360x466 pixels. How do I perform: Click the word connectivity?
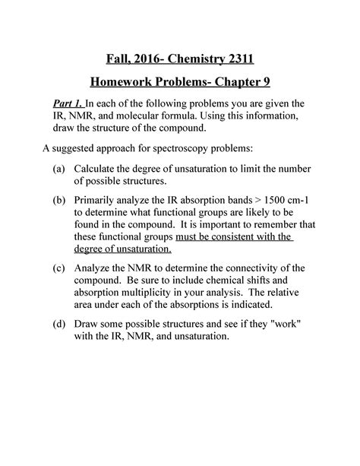coord(243,268)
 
